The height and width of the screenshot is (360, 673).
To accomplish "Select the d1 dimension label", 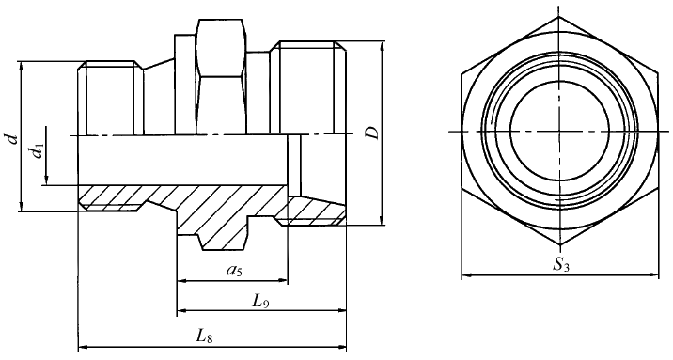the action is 39,150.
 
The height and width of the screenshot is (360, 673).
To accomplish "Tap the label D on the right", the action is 374,133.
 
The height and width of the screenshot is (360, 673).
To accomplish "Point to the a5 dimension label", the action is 234,270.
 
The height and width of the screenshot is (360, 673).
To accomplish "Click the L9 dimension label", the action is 260,302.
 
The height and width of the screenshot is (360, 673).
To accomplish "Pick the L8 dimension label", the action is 205,336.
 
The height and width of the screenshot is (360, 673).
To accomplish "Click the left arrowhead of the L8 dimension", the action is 83,345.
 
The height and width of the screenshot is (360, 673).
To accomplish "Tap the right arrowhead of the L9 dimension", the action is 341,311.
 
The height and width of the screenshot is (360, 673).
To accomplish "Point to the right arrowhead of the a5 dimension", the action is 282,281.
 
